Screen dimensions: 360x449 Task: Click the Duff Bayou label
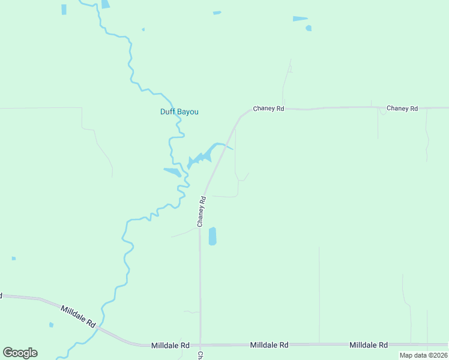pos(179,112)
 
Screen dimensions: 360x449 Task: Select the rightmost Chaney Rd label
pos(402,109)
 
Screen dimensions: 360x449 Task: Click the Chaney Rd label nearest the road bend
pos(268,109)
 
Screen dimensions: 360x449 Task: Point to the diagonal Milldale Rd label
pos(78,316)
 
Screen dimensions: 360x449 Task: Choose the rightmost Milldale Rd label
pos(369,345)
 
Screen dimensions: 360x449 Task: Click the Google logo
pos(20,353)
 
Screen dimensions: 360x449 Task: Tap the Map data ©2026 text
pos(423,355)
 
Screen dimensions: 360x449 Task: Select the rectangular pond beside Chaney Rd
pos(212,236)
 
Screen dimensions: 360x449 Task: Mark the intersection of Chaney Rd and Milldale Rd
pos(200,345)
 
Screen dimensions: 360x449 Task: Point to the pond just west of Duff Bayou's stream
pos(172,172)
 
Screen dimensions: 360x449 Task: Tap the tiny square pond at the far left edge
pos(14,258)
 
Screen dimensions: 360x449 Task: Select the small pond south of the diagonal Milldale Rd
pos(51,325)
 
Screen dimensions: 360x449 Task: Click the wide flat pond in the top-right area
pos(300,19)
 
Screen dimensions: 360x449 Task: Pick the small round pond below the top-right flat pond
pos(309,28)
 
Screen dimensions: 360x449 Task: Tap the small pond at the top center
pos(217,13)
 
